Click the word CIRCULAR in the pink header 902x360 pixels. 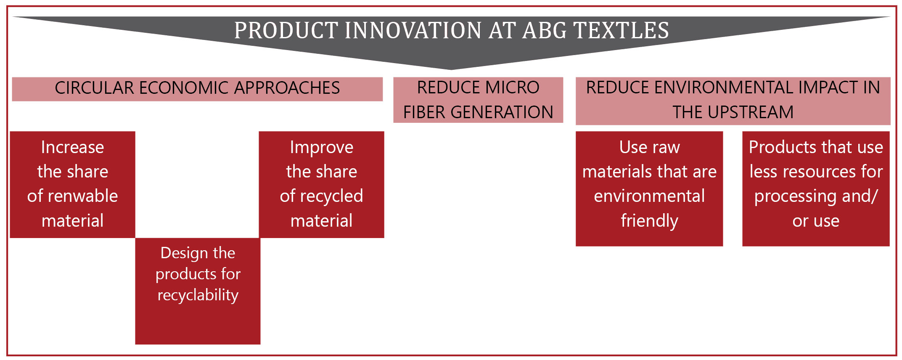(94, 88)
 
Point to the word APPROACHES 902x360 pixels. (287, 88)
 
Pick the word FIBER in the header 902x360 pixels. (424, 112)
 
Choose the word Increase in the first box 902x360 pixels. (73, 147)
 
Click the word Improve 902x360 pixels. (322, 148)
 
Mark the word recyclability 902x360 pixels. (198, 295)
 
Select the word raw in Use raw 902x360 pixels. (667, 148)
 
